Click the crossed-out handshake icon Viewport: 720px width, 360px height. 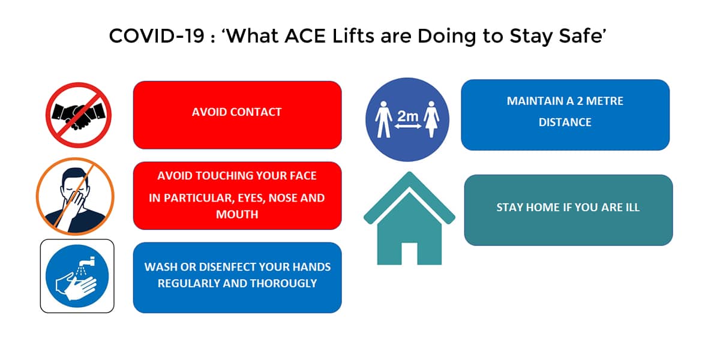coord(79,115)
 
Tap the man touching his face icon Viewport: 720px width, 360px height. coord(75,196)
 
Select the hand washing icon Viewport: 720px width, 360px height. coord(77,276)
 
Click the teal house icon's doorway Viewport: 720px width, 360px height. coord(409,254)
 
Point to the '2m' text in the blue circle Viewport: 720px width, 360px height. coord(407,116)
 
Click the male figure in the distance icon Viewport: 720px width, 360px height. coord(383,119)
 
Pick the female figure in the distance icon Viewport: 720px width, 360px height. coord(431,119)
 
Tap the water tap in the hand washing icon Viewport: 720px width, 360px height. coord(88,262)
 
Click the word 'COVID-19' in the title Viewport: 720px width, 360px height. coord(157,35)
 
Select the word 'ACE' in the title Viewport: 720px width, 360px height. coord(305,35)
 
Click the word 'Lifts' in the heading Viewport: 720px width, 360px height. coord(353,35)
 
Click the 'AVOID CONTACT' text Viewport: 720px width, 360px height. coord(237,112)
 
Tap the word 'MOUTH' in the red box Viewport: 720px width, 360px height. coord(237,214)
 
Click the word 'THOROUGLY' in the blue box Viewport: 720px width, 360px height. coord(283,283)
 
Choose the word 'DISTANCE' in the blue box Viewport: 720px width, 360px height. coord(565,122)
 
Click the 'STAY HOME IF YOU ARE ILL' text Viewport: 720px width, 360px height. coord(568,208)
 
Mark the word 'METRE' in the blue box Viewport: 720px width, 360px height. coord(605,101)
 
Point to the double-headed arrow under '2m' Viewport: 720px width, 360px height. coord(408,127)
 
